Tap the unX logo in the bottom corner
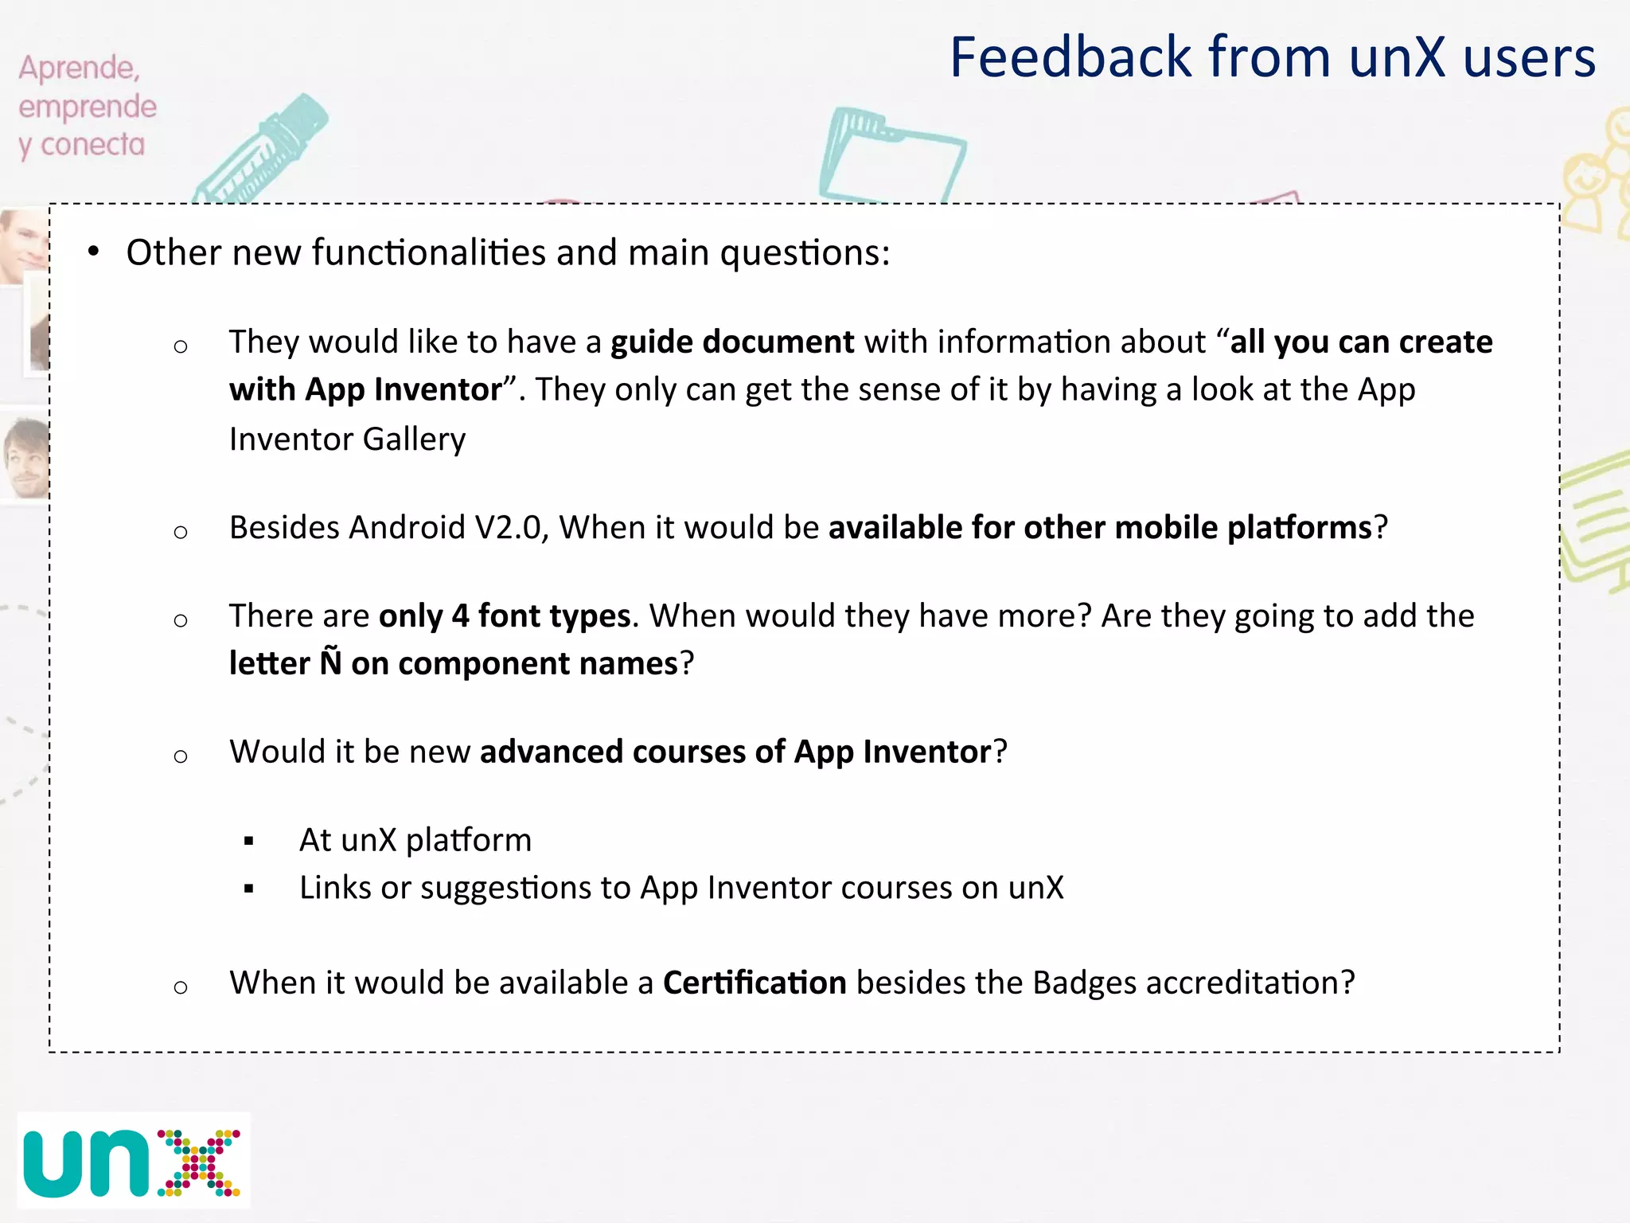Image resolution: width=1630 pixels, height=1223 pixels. [132, 1161]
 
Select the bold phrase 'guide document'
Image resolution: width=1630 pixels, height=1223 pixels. [732, 342]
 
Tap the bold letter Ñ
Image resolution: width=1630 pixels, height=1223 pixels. [330, 662]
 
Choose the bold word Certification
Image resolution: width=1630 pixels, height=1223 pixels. [755, 983]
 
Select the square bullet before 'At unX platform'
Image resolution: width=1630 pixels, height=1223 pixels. [249, 841]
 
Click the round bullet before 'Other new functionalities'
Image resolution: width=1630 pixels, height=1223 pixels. [94, 252]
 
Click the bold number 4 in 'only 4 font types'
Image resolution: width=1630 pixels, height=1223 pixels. [460, 616]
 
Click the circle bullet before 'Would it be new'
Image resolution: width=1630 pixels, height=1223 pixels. [181, 755]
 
